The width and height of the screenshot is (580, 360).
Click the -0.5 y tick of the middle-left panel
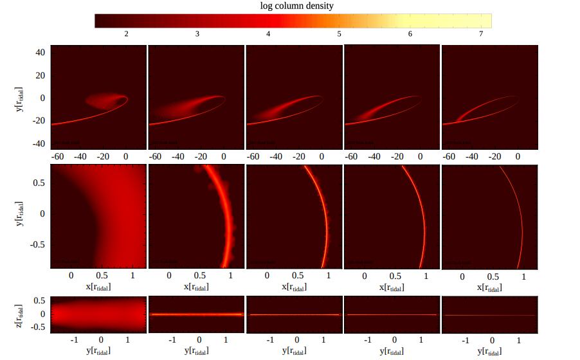coord(36,244)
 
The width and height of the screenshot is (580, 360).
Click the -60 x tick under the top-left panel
coord(57,156)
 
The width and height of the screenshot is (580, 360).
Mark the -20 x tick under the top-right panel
coord(494,156)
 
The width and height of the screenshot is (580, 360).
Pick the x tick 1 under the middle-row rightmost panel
coord(523,276)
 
